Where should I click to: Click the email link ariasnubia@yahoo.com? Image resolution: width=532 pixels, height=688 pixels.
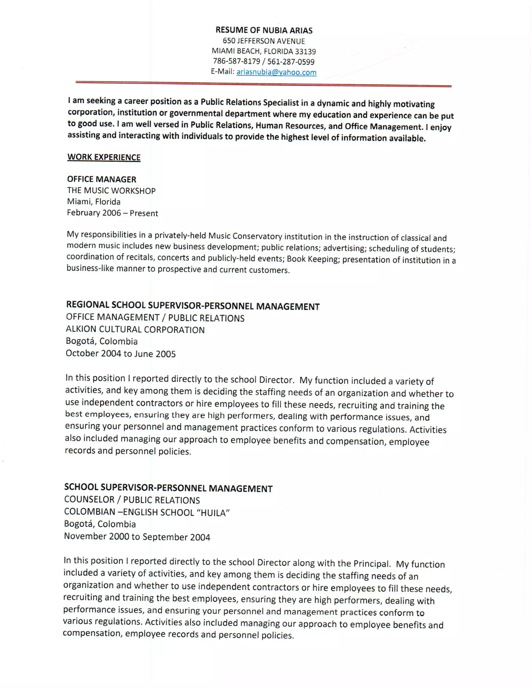point(276,72)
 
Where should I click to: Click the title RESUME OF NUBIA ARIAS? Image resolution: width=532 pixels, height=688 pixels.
point(264,30)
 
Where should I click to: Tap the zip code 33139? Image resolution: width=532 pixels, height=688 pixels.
point(305,51)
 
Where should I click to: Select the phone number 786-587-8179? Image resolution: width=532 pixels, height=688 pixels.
point(236,61)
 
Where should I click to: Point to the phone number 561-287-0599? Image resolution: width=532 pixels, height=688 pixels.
point(291,62)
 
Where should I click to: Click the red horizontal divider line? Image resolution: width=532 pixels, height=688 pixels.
point(263,84)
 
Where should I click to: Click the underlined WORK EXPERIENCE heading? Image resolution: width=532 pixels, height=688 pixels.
point(104,157)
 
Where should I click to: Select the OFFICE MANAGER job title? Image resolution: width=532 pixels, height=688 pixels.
point(102,179)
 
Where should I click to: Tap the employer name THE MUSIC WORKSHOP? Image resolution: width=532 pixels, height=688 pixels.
point(111,191)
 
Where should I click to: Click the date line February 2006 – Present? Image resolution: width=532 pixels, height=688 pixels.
point(112,213)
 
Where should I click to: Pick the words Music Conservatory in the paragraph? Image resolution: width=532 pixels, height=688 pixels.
point(245,236)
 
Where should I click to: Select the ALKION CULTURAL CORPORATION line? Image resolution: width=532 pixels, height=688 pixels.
point(135,329)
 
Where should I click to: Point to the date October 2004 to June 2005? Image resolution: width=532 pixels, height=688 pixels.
point(120,353)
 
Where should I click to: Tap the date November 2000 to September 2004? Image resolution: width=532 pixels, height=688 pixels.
point(137,536)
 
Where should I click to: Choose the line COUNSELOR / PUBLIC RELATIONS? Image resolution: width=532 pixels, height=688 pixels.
point(132,500)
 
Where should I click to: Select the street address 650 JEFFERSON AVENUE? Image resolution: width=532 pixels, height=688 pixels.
point(264,41)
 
